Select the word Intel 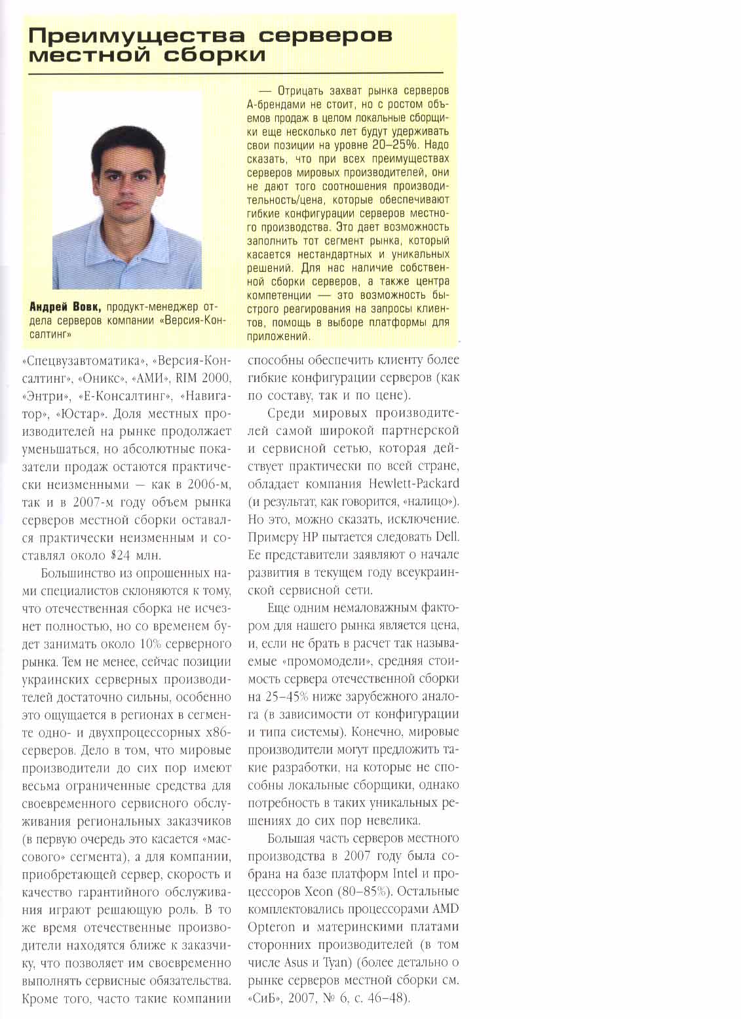[404, 874]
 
